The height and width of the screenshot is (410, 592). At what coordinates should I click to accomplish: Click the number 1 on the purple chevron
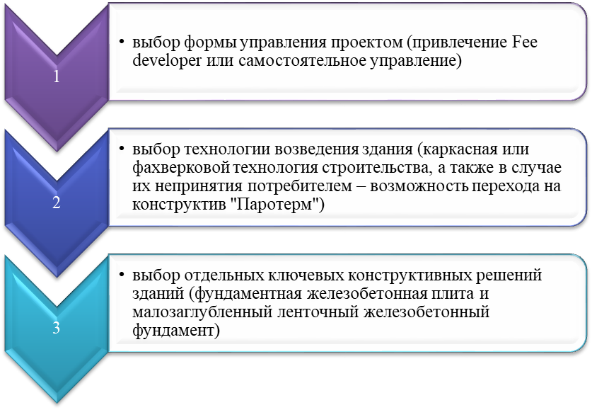click(x=57, y=76)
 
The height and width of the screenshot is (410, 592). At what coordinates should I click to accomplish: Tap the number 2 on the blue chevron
click(x=57, y=203)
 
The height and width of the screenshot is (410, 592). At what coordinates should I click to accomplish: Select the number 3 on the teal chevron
click(x=57, y=328)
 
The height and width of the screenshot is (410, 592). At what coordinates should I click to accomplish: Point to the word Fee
click(x=525, y=42)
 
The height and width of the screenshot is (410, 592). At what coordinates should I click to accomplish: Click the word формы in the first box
click(x=210, y=43)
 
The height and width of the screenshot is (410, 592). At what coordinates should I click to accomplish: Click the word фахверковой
click(x=180, y=169)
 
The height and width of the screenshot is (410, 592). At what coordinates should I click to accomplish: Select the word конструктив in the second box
click(x=179, y=205)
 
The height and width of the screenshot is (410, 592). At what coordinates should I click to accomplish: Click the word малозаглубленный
click(x=202, y=312)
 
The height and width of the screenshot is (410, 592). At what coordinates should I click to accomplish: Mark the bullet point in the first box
click(x=122, y=41)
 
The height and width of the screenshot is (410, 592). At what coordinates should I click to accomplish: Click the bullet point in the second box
click(x=122, y=149)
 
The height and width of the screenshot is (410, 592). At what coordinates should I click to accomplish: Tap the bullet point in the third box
click(x=122, y=274)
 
